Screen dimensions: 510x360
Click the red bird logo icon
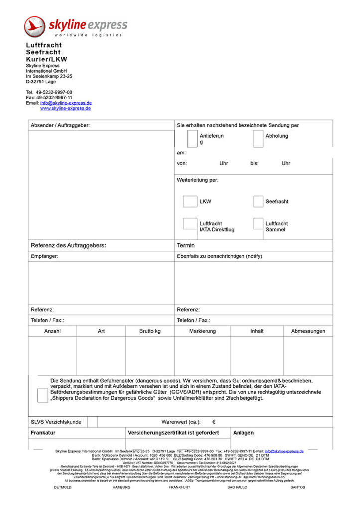click(35, 26)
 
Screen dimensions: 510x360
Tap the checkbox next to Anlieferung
click(192, 139)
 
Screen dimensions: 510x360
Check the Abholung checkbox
click(258, 138)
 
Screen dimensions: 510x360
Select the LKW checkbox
click(190, 201)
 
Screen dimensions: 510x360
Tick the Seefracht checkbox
click(258, 201)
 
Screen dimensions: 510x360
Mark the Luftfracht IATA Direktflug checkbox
click(190, 224)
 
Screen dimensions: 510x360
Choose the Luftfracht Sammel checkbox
click(258, 224)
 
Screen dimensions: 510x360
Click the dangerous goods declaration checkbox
click(43, 395)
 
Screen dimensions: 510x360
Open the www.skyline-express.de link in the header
click(65, 108)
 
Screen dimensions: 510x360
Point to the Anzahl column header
click(52, 331)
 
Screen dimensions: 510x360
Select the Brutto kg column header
click(150, 331)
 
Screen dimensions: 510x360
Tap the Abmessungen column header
click(308, 331)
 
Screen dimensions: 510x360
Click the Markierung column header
click(202, 331)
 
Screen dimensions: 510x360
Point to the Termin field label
click(186, 245)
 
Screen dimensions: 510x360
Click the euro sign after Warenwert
click(214, 422)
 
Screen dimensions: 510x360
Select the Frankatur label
click(43, 433)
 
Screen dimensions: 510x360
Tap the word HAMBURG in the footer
click(121, 487)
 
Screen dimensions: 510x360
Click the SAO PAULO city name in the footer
click(238, 487)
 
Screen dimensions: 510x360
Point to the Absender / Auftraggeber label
click(60, 125)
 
